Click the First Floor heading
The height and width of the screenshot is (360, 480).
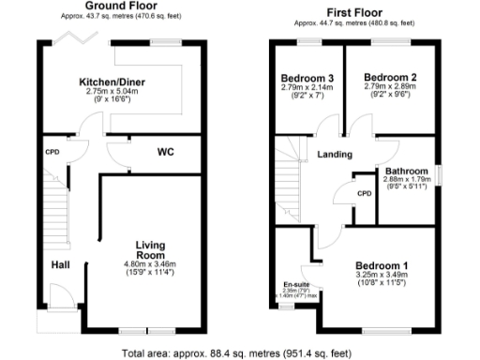coord(355,7)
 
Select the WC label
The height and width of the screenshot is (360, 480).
coord(165,152)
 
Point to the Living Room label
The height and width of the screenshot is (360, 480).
coord(150,249)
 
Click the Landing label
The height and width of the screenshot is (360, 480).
coord(335,155)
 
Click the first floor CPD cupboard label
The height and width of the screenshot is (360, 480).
coord(365,193)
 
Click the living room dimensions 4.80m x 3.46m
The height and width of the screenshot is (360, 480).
coord(150,265)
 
